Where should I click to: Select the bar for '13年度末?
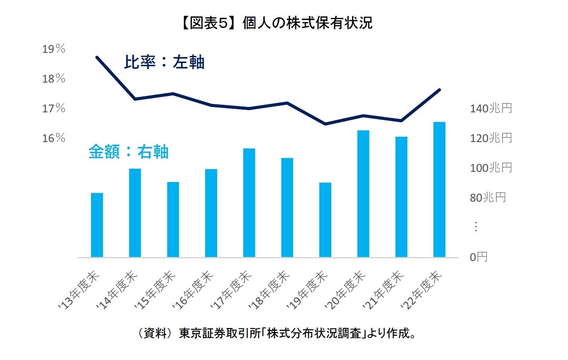pos(97,225)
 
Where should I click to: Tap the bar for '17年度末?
pos(249,203)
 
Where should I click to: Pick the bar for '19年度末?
pos(325,220)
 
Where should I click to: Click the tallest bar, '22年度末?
pos(439,190)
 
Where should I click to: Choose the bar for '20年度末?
pos(363,194)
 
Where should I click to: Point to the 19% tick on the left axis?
pos(54,49)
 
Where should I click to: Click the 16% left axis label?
pos(54,138)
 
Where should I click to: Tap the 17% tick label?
pos(54,109)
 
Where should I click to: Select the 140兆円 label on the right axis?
pos(491,108)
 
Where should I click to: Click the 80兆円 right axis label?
pos(488,198)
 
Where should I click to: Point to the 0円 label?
pos(478,257)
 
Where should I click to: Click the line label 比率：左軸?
pos(164,63)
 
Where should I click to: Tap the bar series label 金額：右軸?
pos(128,152)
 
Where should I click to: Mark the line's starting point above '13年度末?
pos(97,57)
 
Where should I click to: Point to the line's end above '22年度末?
pos(439,90)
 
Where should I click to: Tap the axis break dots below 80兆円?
pos(476,227)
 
